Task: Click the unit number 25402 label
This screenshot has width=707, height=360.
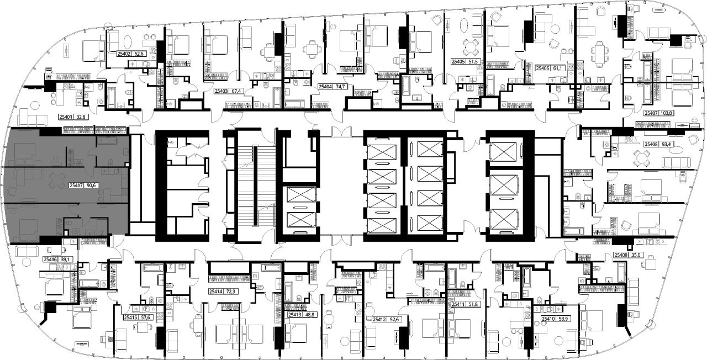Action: pos(124,54)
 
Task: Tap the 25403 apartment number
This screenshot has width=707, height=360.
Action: pos(221,91)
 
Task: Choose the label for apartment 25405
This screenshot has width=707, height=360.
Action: pos(458,62)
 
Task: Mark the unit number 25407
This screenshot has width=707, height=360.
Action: pos(651,113)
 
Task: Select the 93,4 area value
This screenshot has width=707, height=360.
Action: pos(666,144)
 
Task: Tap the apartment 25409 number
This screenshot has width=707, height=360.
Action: pos(621,255)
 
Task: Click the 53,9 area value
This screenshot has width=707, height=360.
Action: pos(563,319)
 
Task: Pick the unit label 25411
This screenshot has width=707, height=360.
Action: pos(458,304)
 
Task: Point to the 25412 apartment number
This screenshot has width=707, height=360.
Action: pos(379,320)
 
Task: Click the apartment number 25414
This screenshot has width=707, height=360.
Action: pos(216,292)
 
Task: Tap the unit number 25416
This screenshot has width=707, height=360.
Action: pos(50,260)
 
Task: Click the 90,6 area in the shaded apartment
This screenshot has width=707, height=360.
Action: pos(91,186)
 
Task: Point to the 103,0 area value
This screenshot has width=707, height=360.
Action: pos(666,113)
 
